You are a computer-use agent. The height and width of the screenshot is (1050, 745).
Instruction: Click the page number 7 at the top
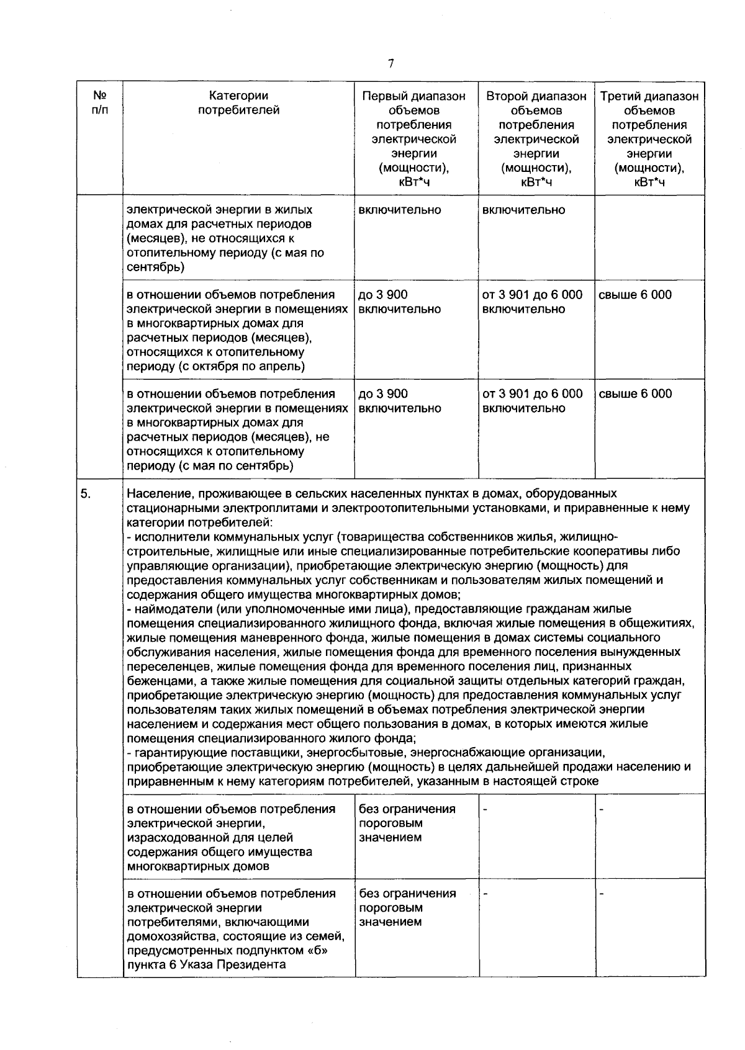click(391, 63)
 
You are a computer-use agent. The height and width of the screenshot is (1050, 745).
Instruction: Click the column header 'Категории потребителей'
click(238, 103)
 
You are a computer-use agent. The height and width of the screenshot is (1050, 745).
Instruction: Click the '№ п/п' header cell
click(99, 103)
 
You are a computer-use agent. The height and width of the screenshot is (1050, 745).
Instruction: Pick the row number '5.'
click(86, 494)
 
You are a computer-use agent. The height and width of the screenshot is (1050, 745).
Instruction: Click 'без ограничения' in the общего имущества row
click(407, 809)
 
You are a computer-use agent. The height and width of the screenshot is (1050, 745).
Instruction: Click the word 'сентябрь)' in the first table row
click(155, 267)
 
